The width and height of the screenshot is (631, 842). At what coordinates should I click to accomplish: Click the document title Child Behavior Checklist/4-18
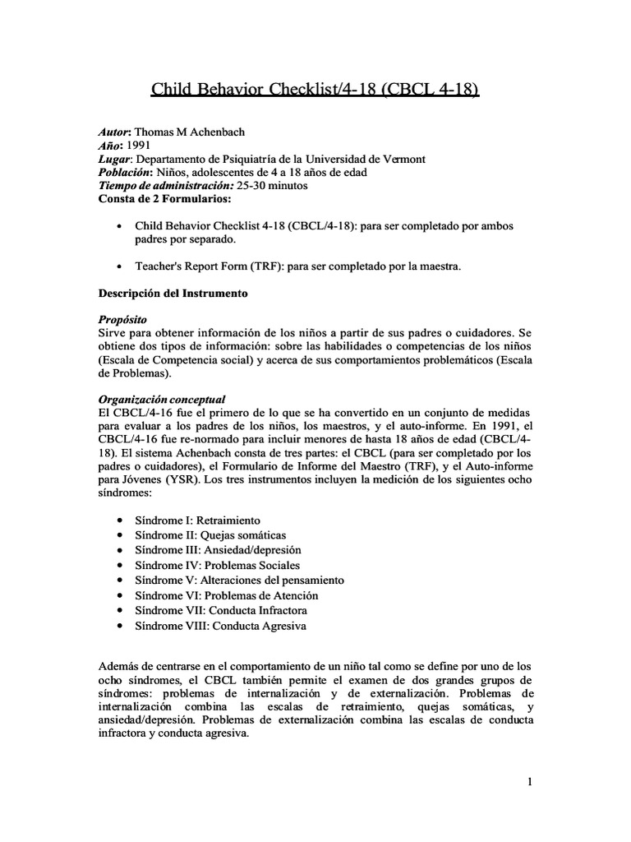pyautogui.click(x=315, y=89)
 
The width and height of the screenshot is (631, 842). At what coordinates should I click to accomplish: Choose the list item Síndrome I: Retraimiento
pyautogui.click(x=197, y=520)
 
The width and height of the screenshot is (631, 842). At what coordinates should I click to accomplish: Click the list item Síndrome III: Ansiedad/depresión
pyautogui.click(x=218, y=550)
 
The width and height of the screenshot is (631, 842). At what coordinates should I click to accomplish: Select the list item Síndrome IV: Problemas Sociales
pyautogui.click(x=217, y=565)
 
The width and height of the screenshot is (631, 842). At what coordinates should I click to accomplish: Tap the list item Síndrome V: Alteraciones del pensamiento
pyautogui.click(x=239, y=580)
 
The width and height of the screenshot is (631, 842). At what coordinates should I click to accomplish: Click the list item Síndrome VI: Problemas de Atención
pyautogui.click(x=226, y=595)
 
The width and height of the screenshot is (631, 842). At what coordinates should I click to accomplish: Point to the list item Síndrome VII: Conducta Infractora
pyautogui.click(x=221, y=610)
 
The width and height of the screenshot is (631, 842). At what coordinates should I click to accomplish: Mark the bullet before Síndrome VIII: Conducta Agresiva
pyautogui.click(x=121, y=626)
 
